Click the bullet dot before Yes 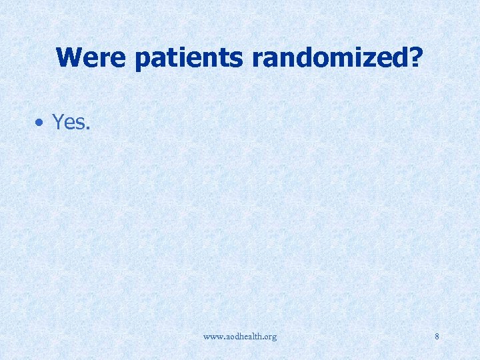tap(41, 123)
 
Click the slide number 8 tap(437, 337)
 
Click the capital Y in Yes tap(58, 122)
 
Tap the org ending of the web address tap(269, 337)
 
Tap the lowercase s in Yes tap(79, 124)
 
